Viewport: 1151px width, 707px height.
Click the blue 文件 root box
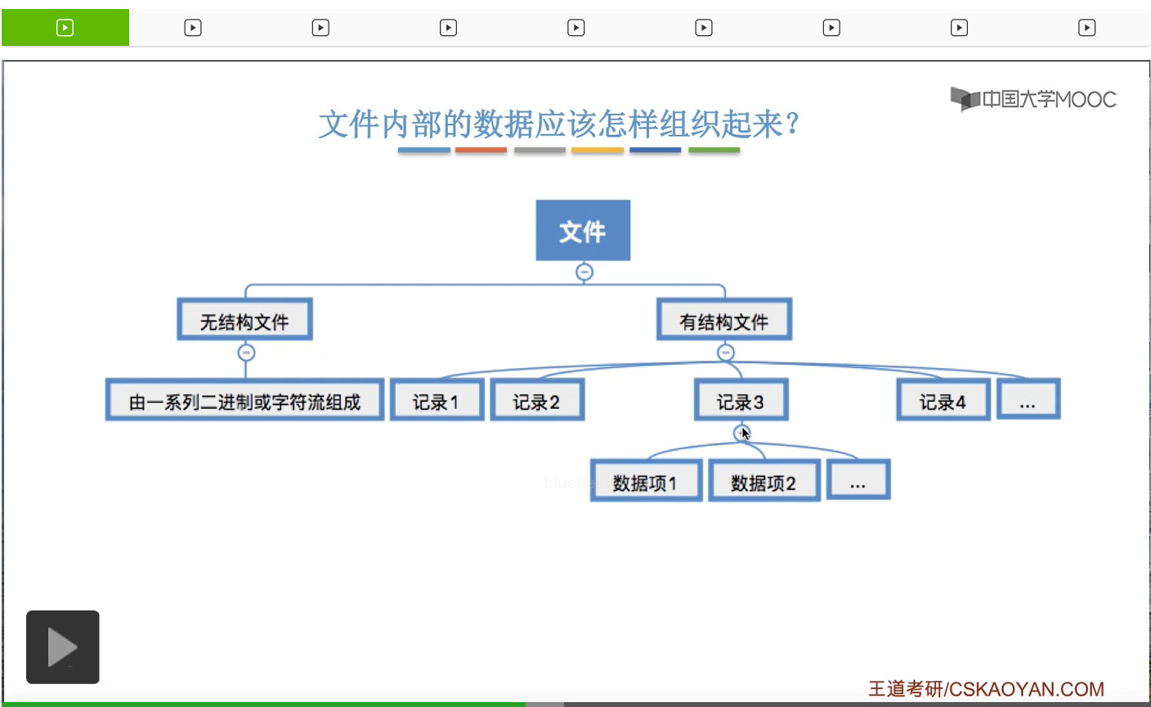click(583, 231)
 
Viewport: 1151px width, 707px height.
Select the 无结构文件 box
click(244, 320)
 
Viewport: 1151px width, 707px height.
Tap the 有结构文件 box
click(724, 320)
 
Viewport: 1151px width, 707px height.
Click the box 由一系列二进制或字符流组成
click(244, 400)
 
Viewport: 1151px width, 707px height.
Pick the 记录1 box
click(437, 400)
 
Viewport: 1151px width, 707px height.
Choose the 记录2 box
click(537, 400)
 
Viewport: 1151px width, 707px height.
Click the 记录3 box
click(741, 400)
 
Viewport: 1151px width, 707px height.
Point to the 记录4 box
click(943, 400)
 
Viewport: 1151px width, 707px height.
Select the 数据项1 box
click(646, 481)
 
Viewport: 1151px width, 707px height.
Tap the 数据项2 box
click(764, 481)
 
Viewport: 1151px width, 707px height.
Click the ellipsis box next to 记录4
click(1028, 400)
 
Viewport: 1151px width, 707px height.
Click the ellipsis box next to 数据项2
click(858, 480)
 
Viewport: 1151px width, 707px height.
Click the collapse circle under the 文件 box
click(584, 272)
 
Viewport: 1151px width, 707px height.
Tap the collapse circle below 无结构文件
click(246, 353)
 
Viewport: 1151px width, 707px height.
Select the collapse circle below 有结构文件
click(725, 353)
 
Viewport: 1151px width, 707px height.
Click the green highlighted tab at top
click(65, 28)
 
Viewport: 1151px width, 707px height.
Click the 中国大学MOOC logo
click(1033, 99)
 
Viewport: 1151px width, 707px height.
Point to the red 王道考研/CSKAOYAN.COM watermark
click(985, 689)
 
